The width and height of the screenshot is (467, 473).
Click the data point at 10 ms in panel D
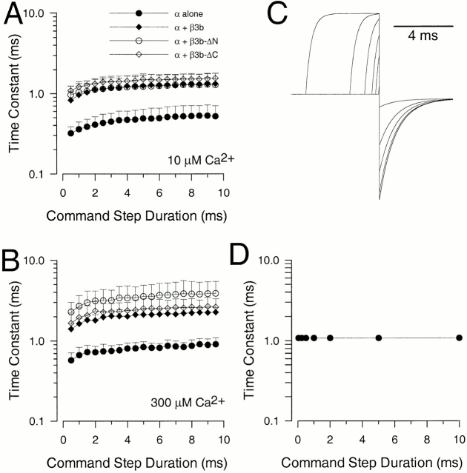(x=460, y=338)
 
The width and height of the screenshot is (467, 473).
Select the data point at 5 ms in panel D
(x=379, y=338)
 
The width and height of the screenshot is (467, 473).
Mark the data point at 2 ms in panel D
(x=330, y=338)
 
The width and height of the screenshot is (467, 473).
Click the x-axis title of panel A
(x=136, y=218)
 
